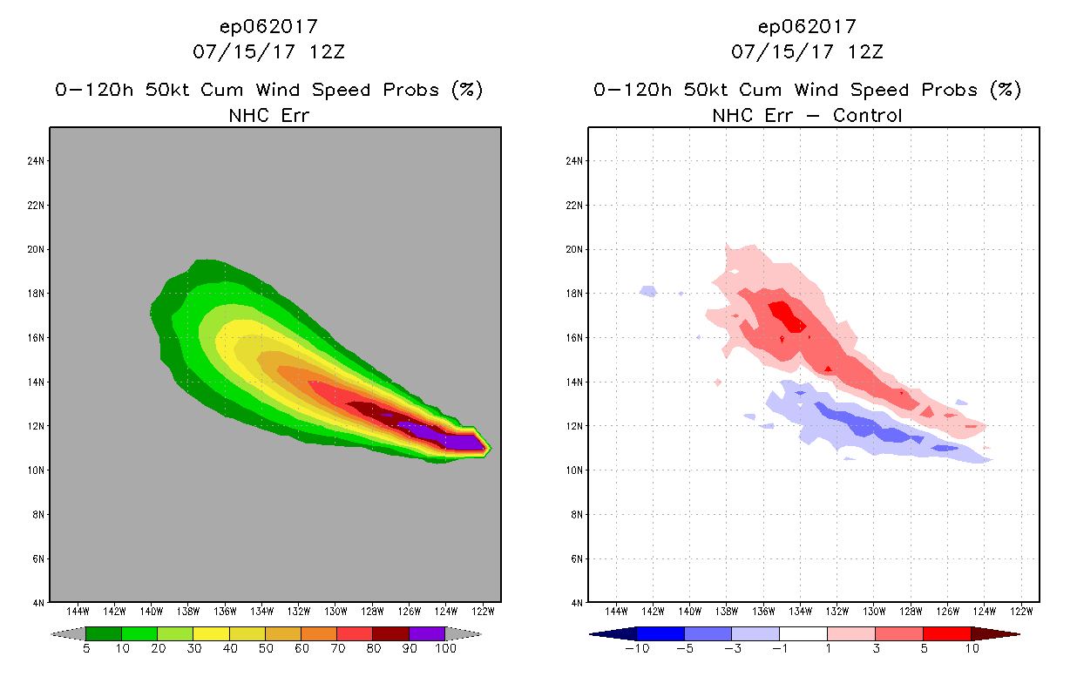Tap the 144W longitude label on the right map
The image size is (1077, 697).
point(617,611)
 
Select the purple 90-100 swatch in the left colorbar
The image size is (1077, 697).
point(427,633)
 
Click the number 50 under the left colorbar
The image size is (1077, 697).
point(265,648)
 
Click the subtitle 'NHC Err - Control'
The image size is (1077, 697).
point(807,115)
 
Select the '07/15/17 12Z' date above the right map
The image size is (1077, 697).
point(807,51)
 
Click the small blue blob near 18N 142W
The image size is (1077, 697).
point(647,291)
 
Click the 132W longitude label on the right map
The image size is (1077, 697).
point(838,611)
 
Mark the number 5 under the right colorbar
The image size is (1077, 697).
point(924,648)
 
